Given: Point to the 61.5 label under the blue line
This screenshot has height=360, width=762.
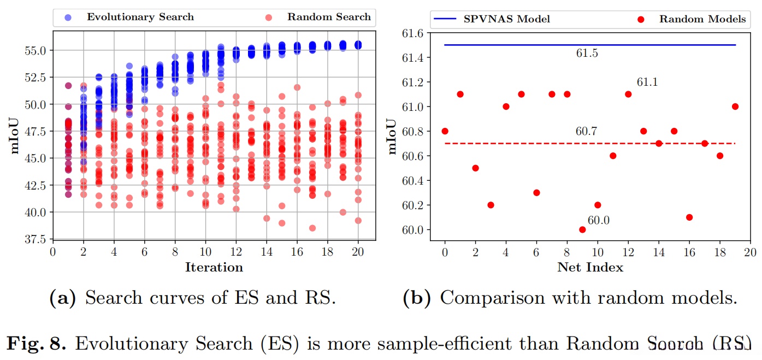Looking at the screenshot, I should [x=586, y=54].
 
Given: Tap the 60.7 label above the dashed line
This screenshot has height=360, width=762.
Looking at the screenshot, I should [x=586, y=132].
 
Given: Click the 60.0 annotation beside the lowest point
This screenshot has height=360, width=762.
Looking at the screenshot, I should [x=598, y=220].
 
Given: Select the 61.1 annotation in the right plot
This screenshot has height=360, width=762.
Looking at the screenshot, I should [x=647, y=82].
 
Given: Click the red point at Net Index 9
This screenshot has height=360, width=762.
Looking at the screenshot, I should [x=582, y=229].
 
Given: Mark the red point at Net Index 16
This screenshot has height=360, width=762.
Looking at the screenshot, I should [x=689, y=217].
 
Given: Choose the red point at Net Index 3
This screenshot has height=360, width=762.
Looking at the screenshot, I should [x=491, y=205].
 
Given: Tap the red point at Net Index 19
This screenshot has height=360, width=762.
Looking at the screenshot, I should [x=735, y=107].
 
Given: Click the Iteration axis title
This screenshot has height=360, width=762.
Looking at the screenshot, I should [x=214, y=268].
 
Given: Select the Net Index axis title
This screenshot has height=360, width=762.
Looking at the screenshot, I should [x=590, y=268].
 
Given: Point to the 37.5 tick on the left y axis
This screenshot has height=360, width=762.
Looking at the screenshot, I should [x=37, y=239].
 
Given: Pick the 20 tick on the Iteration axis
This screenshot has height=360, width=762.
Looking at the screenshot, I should [x=358, y=253].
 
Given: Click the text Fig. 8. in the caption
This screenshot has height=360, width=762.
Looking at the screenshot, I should [x=37, y=344].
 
